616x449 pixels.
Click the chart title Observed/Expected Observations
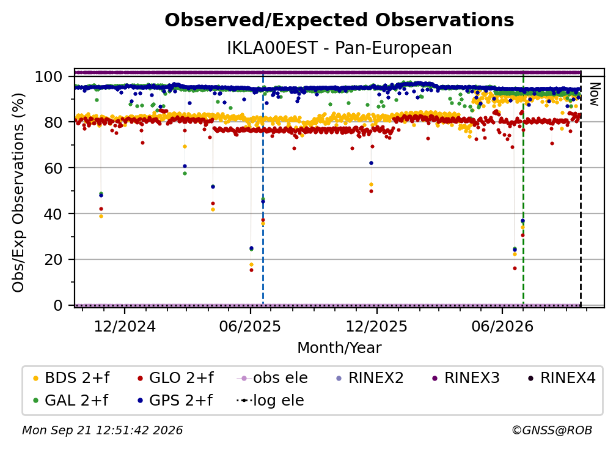coord(339,20)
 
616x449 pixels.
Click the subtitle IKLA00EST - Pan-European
coord(339,48)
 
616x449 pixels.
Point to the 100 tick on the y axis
coord(49,76)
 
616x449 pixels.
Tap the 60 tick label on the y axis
coord(53,168)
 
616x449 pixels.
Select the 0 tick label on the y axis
coord(58,305)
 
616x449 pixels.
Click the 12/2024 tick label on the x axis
coord(125,326)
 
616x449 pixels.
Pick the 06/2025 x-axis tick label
coord(251,326)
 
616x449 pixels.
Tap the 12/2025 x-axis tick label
coord(376,326)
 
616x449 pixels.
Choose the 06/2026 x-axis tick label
coord(502,326)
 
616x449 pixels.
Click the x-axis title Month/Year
coord(339,347)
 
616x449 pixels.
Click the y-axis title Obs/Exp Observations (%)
coord(18,192)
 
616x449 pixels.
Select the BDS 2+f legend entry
coord(71,378)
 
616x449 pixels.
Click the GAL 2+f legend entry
coord(70,400)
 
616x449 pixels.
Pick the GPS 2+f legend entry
coord(174,400)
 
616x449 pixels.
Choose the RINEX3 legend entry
coord(466,378)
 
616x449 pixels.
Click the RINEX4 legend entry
coord(562,378)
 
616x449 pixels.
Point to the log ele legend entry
coord(270,400)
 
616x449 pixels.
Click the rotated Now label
coord(595,94)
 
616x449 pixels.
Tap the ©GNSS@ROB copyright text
coord(552,430)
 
